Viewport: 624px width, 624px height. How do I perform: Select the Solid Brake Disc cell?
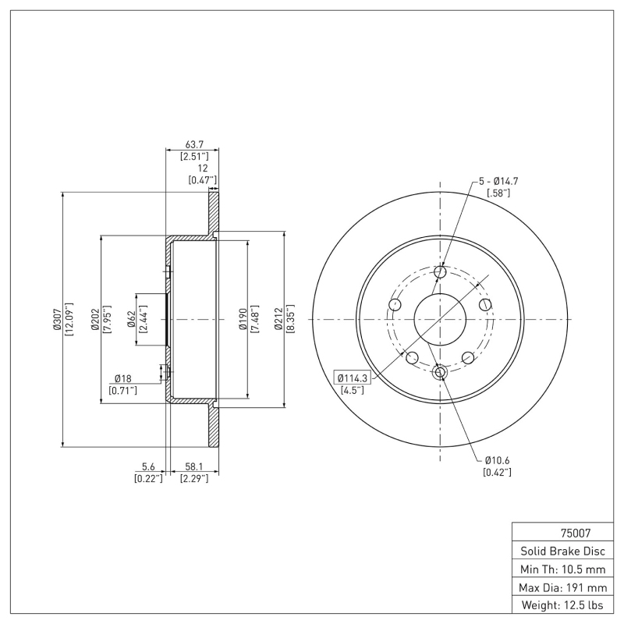coord(560,551)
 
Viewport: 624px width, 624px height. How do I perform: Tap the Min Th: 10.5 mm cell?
coord(560,569)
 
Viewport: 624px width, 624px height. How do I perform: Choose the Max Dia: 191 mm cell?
coord(560,587)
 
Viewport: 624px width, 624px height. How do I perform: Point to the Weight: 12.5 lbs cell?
coord(560,604)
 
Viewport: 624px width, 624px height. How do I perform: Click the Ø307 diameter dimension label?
coord(57,319)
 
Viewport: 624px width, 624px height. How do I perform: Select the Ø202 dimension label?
coord(95,319)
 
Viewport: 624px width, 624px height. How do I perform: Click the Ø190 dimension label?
coord(243,319)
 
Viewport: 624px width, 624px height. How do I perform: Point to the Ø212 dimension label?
coord(278,319)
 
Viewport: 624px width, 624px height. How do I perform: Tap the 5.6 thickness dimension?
coord(147,466)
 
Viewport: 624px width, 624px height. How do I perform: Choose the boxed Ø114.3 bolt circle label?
coord(351,378)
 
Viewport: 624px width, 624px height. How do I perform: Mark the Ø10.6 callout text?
coord(497,460)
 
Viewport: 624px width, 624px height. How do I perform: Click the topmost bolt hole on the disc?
coord(440,272)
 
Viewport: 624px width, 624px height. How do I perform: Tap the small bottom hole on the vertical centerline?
coord(440,372)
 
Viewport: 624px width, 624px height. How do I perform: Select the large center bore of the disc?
coord(440,319)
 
